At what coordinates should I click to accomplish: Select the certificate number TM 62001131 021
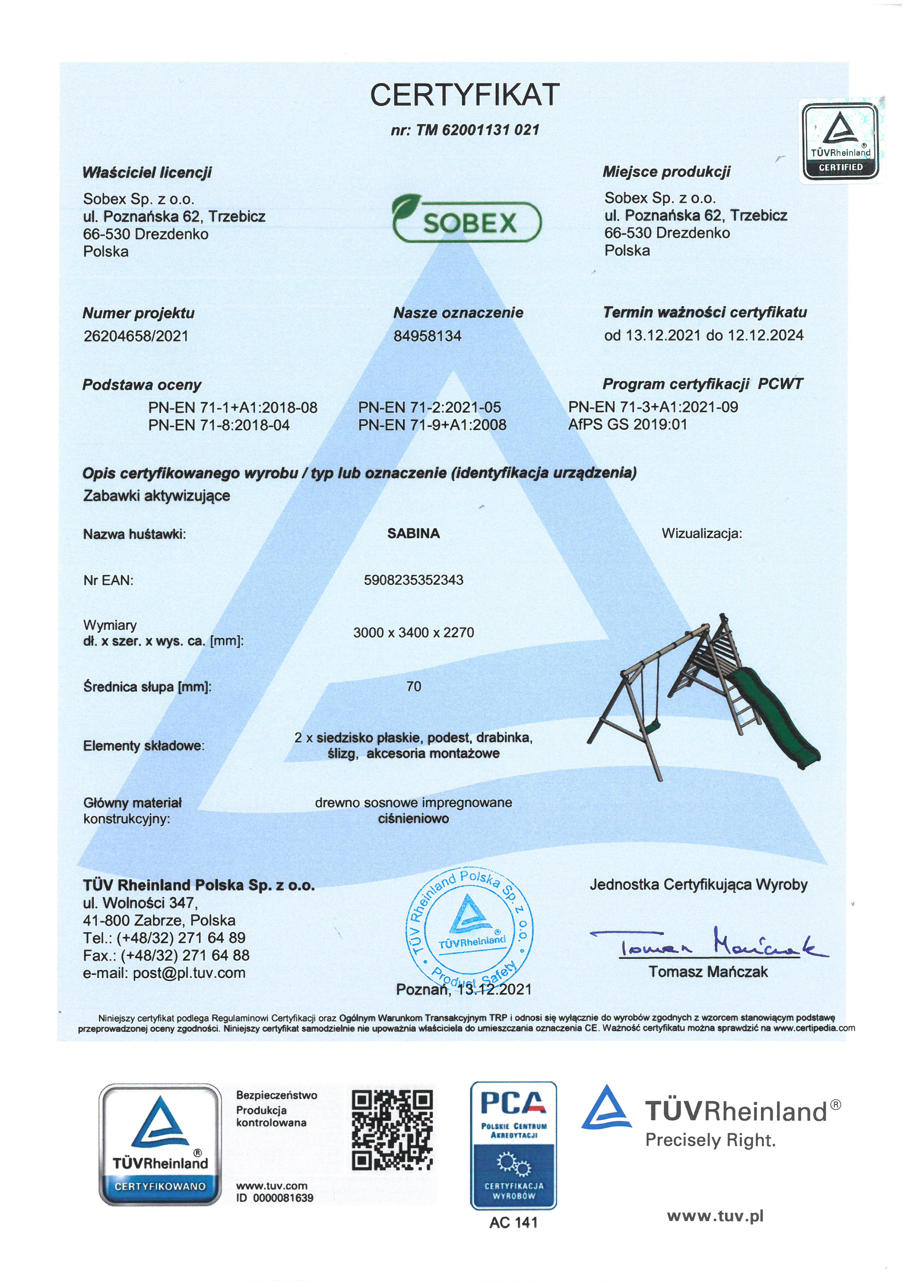465,130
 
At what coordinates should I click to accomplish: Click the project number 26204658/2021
136,336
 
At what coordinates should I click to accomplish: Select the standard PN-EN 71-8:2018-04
219,425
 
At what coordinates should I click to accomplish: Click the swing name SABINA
414,533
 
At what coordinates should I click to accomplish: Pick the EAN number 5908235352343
414,580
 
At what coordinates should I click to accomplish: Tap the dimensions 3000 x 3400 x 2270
414,632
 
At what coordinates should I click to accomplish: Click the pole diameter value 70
414,686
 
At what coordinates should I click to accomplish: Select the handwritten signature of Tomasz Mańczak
708,943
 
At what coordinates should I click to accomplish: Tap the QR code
393,1130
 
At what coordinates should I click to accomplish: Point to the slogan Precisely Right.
710,1140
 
